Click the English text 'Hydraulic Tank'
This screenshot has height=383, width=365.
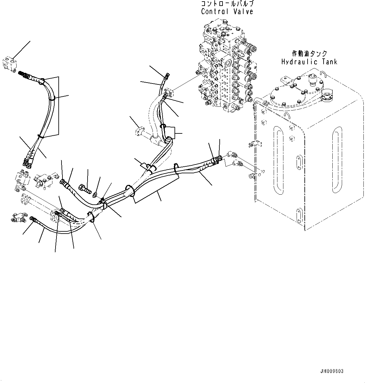pyautogui.click(x=309, y=62)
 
